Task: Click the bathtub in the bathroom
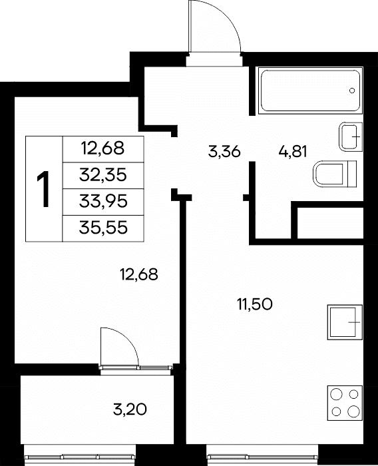point(311,91)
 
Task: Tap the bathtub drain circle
point(352,91)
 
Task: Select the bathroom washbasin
point(351,136)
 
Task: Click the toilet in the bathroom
point(335,174)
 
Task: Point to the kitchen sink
point(345,322)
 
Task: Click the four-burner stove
point(345,403)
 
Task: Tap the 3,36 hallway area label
point(224,152)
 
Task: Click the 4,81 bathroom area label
point(293,152)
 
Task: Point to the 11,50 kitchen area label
point(255,305)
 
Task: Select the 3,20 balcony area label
point(130,410)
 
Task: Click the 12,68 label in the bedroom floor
point(139,274)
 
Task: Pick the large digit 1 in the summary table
point(44,189)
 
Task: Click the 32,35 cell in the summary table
point(103,175)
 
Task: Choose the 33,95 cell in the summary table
point(103,202)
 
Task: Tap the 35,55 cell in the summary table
point(103,228)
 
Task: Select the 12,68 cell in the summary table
point(103,149)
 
